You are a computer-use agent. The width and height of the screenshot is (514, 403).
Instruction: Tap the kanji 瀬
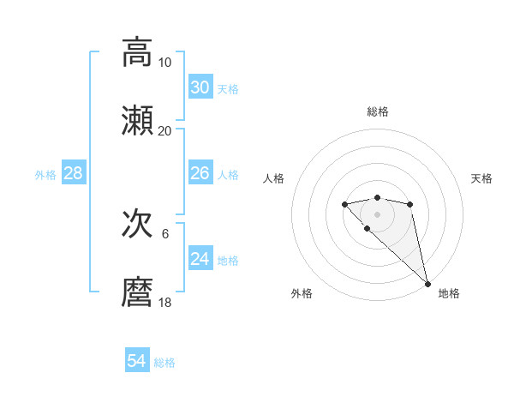coord(137,121)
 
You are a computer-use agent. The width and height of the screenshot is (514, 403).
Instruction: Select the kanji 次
coord(137,225)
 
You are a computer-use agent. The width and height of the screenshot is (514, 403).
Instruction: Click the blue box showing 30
coord(200,87)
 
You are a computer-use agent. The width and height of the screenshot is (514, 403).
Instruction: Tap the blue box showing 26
coord(200,173)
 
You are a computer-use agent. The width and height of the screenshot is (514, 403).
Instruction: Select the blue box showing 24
coord(200,258)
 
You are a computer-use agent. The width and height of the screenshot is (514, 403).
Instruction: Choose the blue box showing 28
coord(73,173)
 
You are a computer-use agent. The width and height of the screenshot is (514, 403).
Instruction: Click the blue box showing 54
coord(136,361)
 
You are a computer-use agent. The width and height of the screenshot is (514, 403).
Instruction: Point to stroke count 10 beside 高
coord(165,63)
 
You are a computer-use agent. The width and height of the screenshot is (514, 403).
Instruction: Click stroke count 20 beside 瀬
coord(165,131)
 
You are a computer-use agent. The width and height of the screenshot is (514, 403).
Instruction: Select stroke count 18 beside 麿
coord(165,303)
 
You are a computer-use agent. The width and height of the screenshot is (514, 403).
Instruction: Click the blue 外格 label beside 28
coord(45,175)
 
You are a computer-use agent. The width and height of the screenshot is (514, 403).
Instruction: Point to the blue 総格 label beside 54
coord(164,363)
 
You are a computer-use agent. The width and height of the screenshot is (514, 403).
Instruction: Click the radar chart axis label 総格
coord(378,111)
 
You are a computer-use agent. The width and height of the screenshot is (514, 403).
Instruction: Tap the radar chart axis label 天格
coord(482,178)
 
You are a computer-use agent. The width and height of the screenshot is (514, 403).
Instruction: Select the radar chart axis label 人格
coord(273,178)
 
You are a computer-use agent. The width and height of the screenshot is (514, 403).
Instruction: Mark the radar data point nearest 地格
coord(427,284)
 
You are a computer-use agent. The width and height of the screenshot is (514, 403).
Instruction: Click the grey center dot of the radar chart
coord(377,214)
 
